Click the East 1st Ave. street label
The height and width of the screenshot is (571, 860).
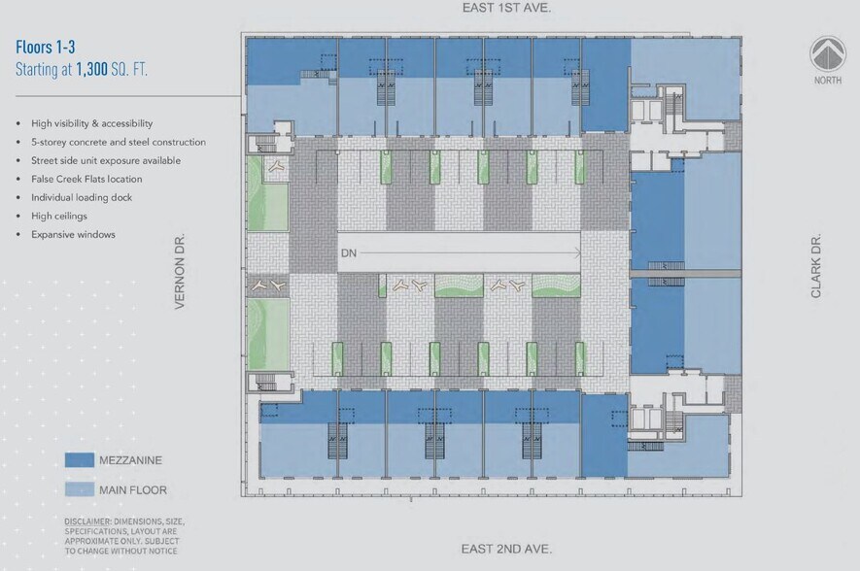pos(506,8)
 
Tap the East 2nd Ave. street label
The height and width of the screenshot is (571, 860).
pos(506,549)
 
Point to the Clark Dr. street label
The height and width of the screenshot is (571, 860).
pos(816,266)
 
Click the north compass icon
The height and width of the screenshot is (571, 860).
pos(828,53)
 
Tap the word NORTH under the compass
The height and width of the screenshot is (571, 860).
pos(828,81)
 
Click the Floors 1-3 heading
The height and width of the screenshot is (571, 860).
pos(46,48)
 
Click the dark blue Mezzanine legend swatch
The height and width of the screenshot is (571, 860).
pos(79,460)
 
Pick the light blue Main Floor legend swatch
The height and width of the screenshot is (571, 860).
pos(79,489)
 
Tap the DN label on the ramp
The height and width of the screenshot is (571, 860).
pos(350,254)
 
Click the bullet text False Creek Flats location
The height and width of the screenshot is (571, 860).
pos(86,179)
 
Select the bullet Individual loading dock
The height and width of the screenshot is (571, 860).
pos(82,197)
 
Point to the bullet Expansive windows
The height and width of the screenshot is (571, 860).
pos(73,234)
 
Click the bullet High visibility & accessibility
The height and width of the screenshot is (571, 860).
pos(91,123)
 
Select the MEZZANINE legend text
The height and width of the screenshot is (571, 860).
pos(130,460)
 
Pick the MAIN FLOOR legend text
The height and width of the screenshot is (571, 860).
pos(133,490)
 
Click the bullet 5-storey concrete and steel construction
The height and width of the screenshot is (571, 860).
pos(113,142)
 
